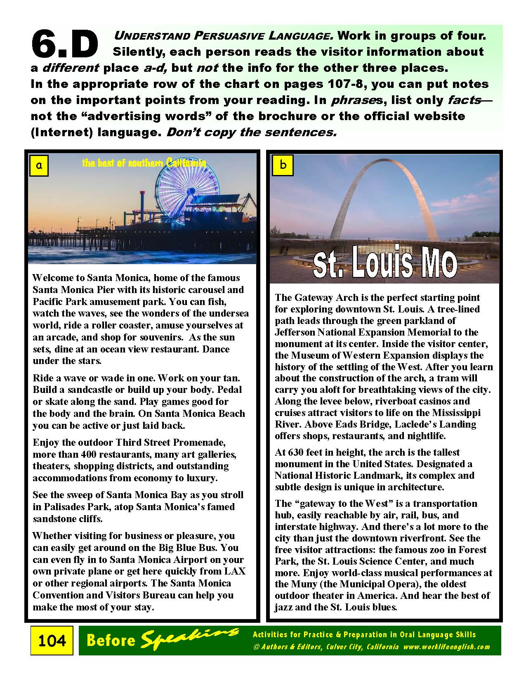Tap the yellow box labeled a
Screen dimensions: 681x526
pyautogui.click(x=39, y=166)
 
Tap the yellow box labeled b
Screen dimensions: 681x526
pyautogui.click(x=283, y=165)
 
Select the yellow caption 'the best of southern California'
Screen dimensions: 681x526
pyautogui.click(x=144, y=163)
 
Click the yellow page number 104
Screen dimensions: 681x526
pyautogui.click(x=52, y=640)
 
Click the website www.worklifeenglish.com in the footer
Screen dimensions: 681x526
pyautogui.click(x=447, y=647)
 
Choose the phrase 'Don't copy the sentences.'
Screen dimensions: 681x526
pyautogui.click(x=251, y=132)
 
